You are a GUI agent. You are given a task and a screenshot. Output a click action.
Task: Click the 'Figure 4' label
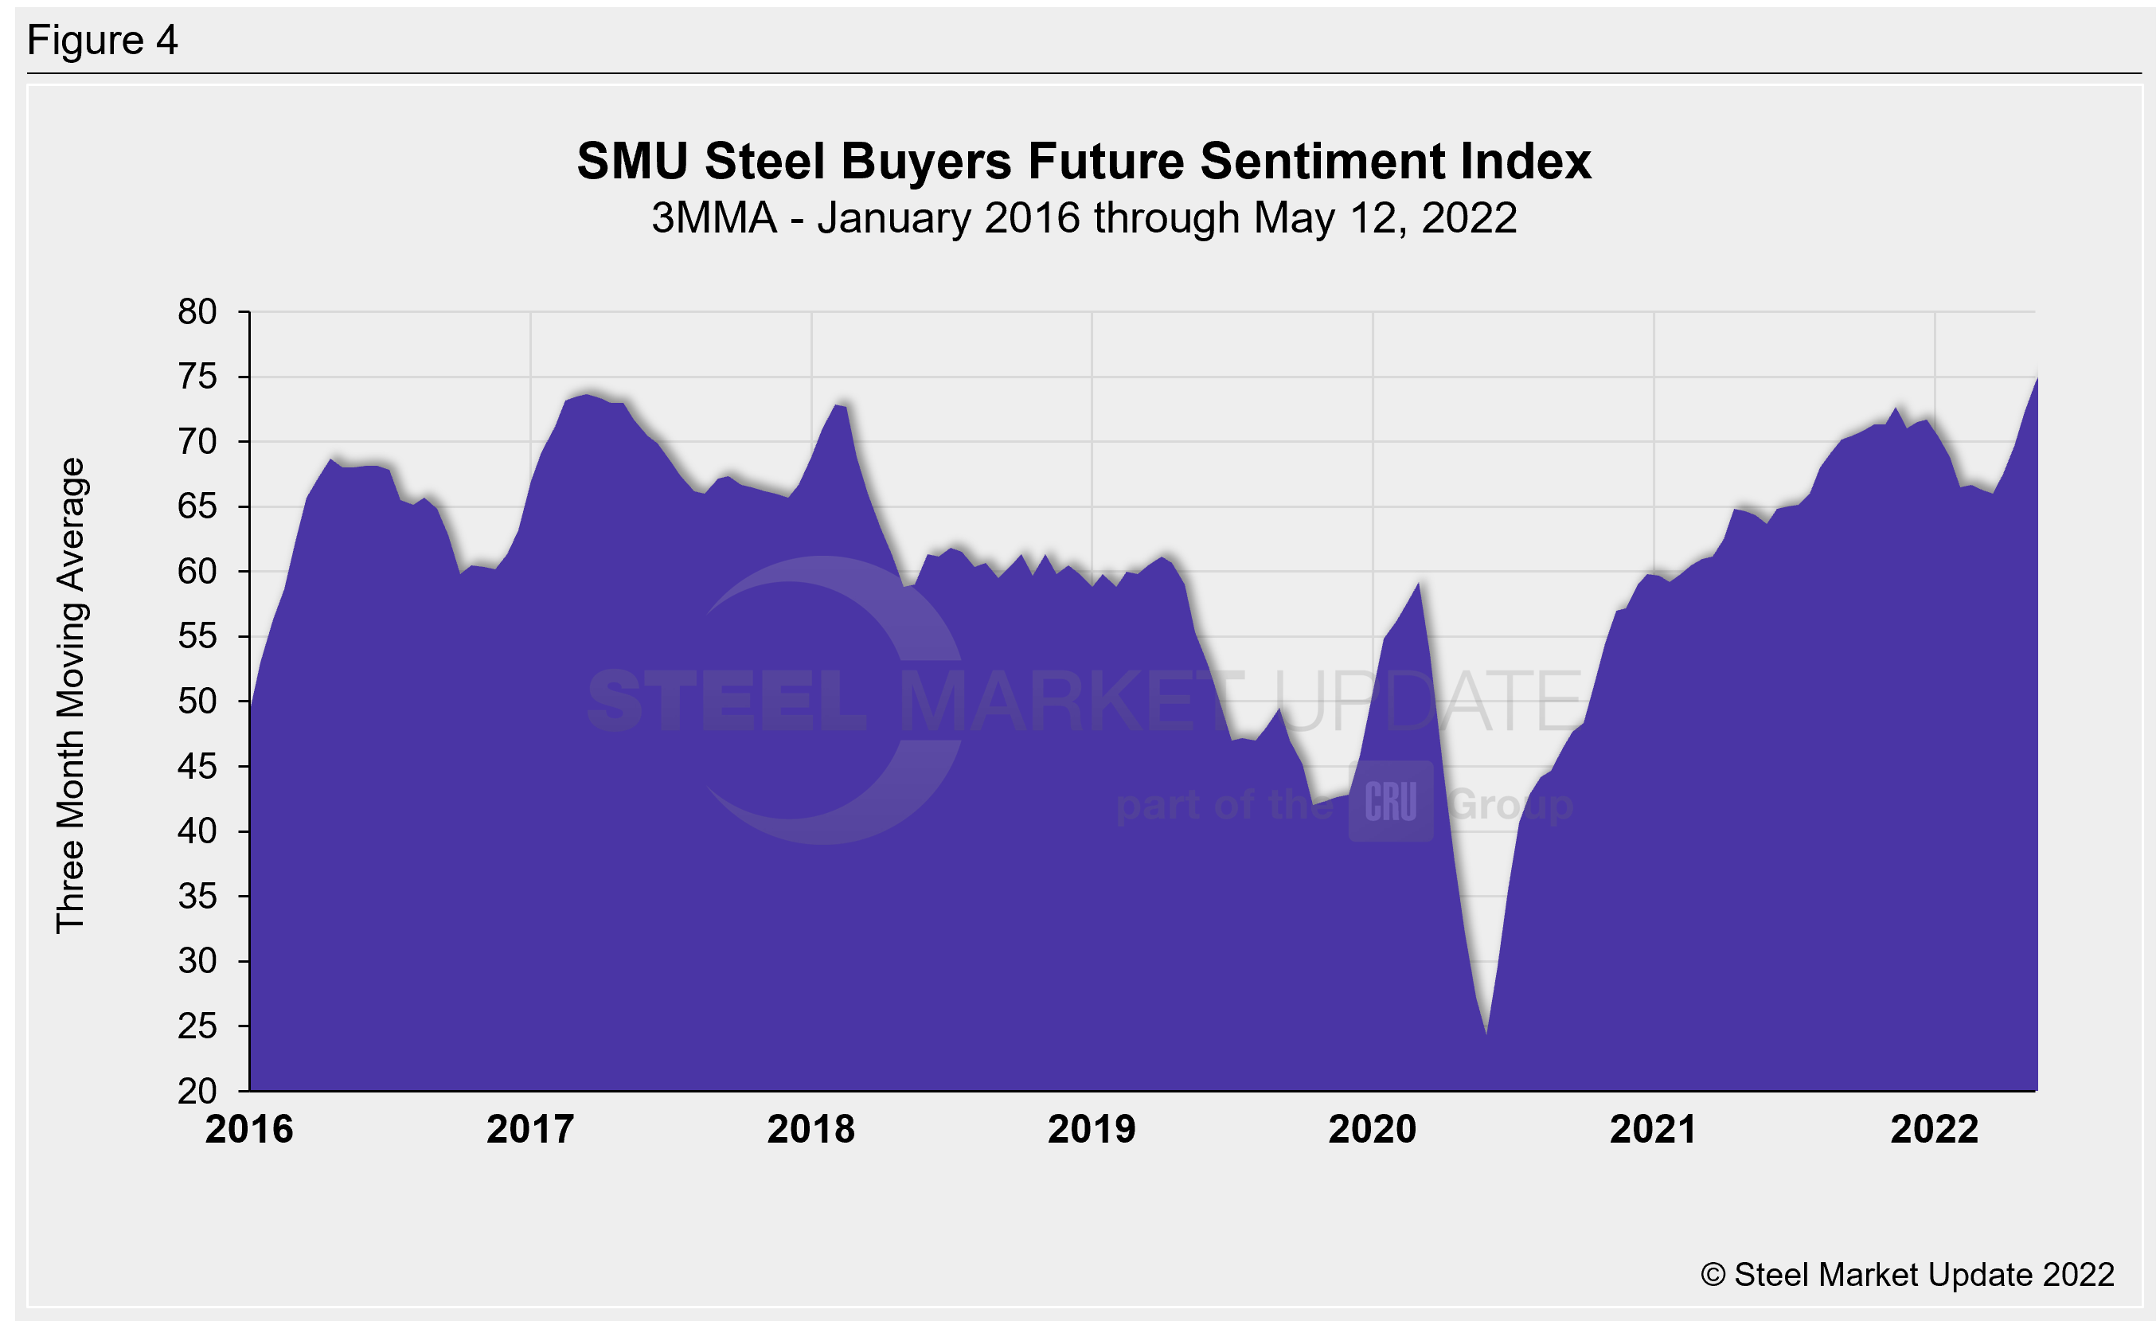click(103, 41)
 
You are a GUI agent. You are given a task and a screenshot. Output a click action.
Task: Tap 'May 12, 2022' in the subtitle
click(1385, 218)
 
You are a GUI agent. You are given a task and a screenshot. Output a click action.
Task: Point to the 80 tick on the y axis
click(197, 312)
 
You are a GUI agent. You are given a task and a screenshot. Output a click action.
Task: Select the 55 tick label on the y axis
click(197, 637)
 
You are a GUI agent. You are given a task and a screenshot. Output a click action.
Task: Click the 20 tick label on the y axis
click(197, 1091)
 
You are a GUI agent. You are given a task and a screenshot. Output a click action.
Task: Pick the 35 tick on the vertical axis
click(197, 897)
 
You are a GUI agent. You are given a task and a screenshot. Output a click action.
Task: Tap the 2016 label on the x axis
click(249, 1129)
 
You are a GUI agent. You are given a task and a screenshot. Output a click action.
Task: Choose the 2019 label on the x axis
click(1092, 1129)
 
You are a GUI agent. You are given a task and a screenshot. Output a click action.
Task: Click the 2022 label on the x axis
click(1935, 1129)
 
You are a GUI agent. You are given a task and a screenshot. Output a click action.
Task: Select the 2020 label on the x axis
click(1373, 1129)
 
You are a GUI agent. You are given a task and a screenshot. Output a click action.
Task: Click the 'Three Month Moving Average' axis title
click(71, 695)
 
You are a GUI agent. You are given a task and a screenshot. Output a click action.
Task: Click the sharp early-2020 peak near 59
click(1419, 583)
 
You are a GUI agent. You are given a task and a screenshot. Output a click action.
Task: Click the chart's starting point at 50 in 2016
click(251, 702)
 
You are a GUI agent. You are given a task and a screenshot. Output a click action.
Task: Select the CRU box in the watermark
click(1390, 801)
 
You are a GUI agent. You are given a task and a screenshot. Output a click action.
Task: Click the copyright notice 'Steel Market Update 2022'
click(1908, 1275)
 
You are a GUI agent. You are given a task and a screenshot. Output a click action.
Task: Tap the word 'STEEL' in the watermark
click(726, 701)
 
